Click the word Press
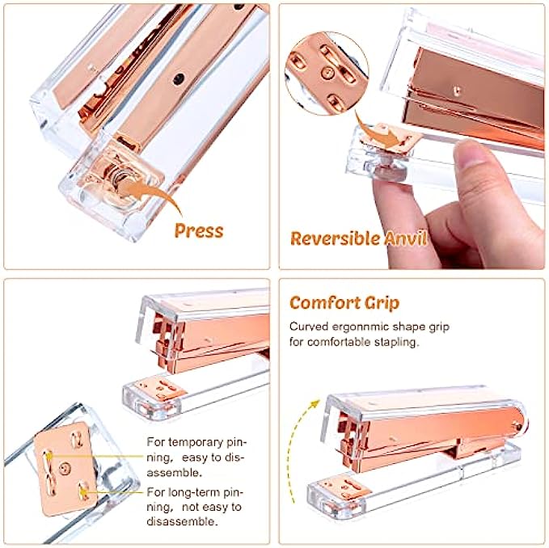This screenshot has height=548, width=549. coord(199,230)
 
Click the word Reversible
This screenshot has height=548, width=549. coord(336,238)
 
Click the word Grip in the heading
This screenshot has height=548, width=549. coord(382,303)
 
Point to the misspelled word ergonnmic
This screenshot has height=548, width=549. coord(360,327)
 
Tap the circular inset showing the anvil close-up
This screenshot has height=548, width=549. coord(327,74)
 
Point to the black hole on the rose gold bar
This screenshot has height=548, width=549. coord(179,79)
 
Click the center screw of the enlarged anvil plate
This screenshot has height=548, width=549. coord(64,467)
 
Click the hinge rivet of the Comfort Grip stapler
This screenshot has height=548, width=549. coord(517,426)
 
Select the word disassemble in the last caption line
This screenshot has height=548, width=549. coord(181,521)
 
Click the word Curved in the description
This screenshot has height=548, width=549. coord(309,327)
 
